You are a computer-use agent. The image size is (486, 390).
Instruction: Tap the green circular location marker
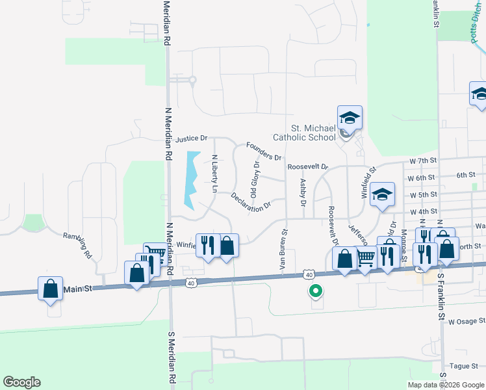[315, 291]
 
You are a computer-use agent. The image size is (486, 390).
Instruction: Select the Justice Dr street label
[191, 138]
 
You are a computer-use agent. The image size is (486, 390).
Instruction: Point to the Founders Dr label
[264, 152]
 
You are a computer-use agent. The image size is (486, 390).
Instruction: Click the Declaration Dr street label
[251, 203]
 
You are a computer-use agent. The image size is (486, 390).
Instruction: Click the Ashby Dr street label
[303, 193]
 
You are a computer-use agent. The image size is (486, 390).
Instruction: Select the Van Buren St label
[283, 250]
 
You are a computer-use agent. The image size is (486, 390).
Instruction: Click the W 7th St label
[422, 161]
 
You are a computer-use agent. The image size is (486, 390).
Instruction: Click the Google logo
[21, 382]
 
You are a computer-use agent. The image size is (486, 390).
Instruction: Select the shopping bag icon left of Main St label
[51, 288]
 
